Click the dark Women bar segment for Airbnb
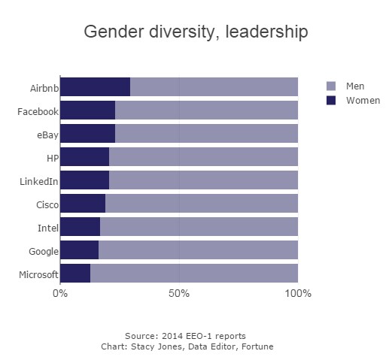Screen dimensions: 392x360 coord(96,86)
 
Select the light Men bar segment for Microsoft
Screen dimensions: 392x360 coord(194,273)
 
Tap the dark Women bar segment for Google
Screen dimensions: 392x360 coord(80,250)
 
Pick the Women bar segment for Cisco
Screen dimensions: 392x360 coord(83,203)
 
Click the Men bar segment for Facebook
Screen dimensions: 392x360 coord(206,110)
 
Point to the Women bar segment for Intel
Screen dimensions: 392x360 coord(81,226)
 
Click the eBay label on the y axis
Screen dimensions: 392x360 coord(47,135)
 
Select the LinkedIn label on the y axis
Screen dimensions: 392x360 coord(39,181)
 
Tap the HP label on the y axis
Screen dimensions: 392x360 coord(53,159)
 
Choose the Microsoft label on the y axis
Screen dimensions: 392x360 coord(38,274)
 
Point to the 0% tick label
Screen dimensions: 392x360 coord(60,293)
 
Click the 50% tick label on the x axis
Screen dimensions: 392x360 coord(179,293)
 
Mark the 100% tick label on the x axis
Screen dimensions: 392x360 coord(298,293)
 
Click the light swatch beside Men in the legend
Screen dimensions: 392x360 coord(331,86)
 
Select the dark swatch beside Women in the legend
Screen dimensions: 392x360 coord(331,100)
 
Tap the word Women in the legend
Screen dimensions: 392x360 coord(363,101)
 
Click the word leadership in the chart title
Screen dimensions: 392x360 coord(266,32)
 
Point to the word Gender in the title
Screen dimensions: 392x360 coord(114,32)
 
